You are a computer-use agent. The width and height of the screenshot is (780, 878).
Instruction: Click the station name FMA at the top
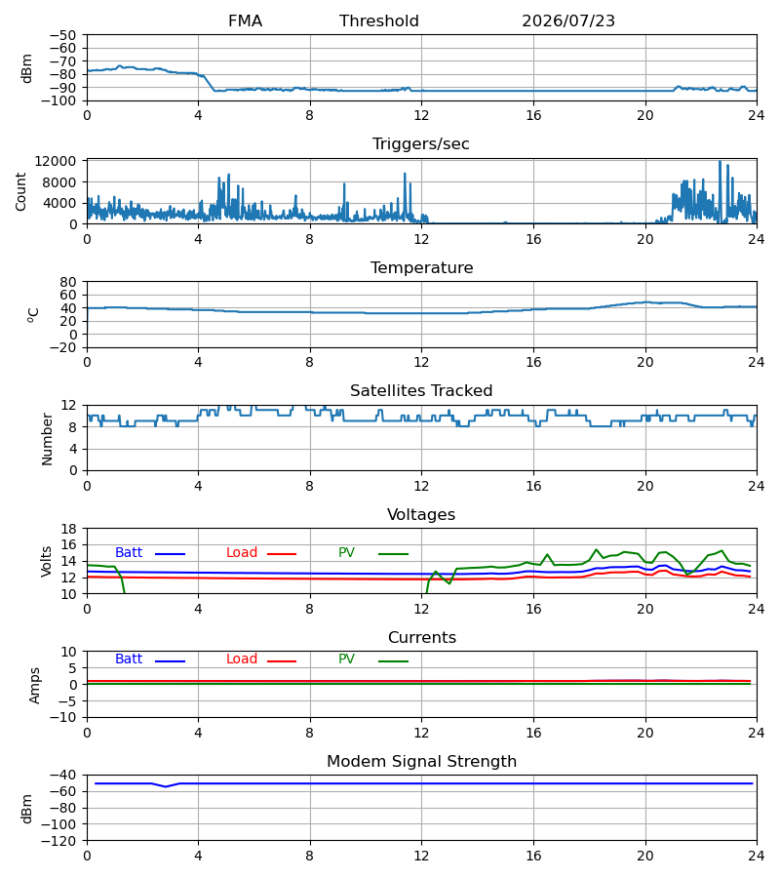point(245,21)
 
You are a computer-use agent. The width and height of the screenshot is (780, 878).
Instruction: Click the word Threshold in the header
point(379,21)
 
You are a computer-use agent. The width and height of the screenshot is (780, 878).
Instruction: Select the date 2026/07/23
point(567,21)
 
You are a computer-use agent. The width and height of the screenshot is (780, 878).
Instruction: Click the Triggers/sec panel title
point(421,144)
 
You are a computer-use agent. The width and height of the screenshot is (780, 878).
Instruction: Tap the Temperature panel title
point(421,267)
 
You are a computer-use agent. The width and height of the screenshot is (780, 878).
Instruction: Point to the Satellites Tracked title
point(421,391)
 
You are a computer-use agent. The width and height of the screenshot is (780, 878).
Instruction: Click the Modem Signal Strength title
point(421,762)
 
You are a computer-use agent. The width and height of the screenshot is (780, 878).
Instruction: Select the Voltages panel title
point(421,514)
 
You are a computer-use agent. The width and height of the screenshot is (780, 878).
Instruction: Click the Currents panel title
point(422,638)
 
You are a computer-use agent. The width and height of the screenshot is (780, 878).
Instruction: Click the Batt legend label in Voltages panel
point(129,553)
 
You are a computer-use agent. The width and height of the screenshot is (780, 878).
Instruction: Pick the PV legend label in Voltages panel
point(346,553)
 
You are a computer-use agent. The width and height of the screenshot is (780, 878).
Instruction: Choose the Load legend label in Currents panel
point(242,659)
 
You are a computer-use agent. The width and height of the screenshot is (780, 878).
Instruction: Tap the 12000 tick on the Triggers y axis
point(56,161)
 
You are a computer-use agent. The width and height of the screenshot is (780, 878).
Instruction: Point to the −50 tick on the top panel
point(62,35)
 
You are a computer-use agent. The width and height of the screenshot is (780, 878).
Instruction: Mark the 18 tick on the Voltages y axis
point(68,529)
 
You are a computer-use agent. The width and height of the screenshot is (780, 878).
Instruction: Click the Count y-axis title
point(20,192)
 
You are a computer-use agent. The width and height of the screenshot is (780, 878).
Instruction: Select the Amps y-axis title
point(35,686)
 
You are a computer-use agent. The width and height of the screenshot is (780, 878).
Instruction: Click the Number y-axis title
point(47,439)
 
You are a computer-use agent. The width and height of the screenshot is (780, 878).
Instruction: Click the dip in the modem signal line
point(166,786)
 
